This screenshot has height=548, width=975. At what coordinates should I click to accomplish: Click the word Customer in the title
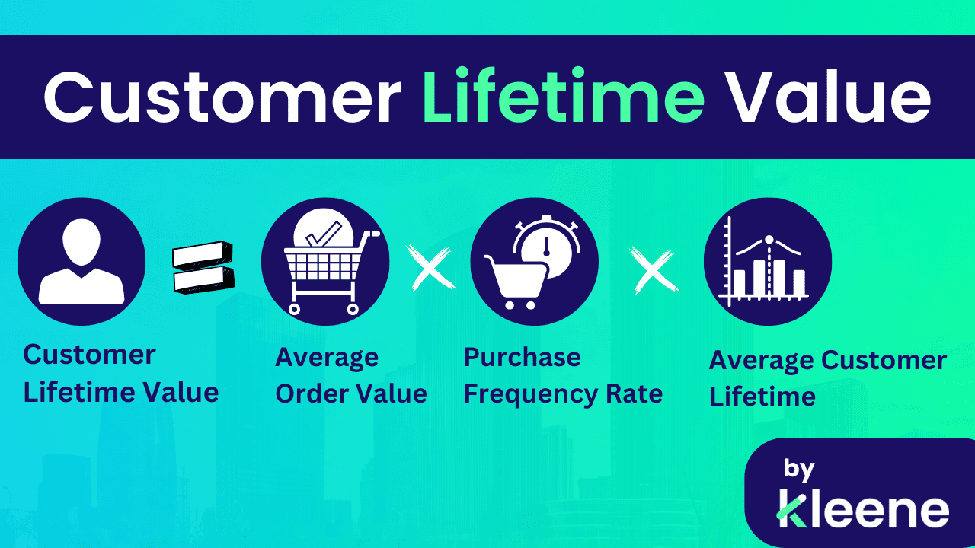221,98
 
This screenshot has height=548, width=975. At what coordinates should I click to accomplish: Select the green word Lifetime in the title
564,98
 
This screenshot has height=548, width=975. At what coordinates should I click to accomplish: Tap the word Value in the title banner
826,98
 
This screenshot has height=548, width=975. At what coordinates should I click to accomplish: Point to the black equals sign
203,266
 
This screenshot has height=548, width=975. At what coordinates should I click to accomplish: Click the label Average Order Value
350,375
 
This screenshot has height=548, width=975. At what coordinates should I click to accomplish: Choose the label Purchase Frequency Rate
563,375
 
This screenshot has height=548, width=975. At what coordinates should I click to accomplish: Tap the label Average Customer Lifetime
827,378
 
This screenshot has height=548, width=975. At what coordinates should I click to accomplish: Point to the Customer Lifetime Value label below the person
120,373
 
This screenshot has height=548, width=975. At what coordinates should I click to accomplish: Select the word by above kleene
799,470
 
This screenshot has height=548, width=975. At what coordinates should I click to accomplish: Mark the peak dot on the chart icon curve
769,240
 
